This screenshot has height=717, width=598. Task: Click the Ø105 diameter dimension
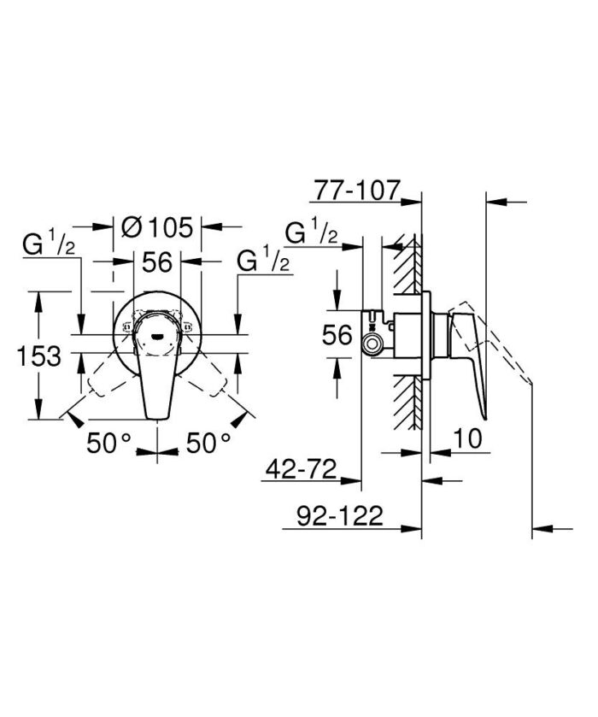(x=159, y=228)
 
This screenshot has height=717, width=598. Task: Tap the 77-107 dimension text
(x=357, y=190)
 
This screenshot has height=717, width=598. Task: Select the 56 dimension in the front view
(x=158, y=262)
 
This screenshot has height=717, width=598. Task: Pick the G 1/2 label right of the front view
(x=263, y=262)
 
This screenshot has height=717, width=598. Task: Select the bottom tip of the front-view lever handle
(x=158, y=416)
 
